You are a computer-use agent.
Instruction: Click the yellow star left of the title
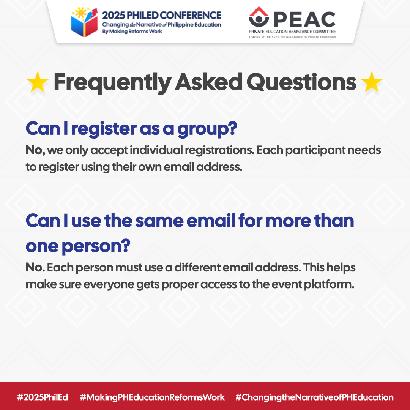(38, 82)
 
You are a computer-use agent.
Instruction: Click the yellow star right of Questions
(372, 82)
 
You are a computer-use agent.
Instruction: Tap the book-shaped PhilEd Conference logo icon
(84, 22)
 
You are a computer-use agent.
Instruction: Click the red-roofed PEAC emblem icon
(259, 17)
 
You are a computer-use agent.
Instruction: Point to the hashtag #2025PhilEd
(43, 397)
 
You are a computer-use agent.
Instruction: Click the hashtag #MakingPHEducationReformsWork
(153, 397)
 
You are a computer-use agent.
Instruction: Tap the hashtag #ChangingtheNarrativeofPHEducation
(315, 397)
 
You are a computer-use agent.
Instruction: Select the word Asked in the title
(209, 82)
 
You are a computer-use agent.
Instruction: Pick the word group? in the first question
(207, 129)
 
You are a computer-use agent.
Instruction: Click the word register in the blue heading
(104, 129)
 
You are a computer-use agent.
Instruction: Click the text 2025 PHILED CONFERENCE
(162, 16)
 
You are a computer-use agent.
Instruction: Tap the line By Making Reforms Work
(132, 32)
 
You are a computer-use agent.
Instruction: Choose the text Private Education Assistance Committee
(292, 32)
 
